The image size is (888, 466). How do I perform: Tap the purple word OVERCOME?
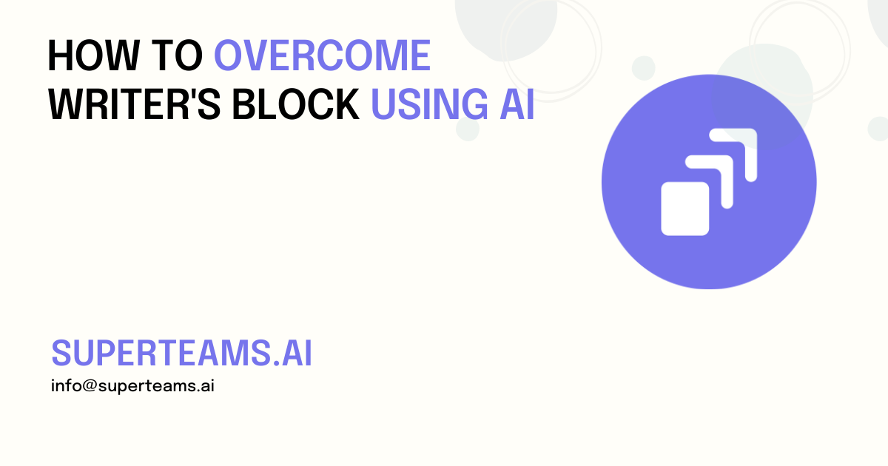tap(322, 56)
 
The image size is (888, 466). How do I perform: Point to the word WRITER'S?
tap(134, 105)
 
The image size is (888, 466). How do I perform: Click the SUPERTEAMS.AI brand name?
tap(181, 354)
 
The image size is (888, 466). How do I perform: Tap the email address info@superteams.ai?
tap(132, 386)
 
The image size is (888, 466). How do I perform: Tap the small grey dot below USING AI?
tap(468, 129)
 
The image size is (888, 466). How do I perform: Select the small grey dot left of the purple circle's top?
tap(643, 68)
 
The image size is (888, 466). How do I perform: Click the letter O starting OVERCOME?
tap(229, 56)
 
